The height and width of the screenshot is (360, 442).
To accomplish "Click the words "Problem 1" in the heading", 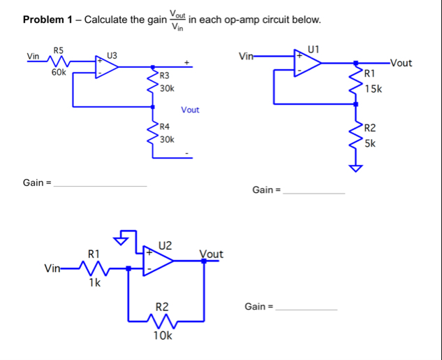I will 48,20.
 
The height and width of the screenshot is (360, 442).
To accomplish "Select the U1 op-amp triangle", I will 306,62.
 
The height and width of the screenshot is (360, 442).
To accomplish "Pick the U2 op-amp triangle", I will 159,260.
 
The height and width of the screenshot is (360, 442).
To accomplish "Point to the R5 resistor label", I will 59,50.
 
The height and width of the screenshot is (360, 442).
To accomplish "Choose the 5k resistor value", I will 371,143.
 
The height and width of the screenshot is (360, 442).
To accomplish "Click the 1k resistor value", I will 94,283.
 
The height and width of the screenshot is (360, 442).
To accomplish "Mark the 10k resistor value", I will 163,336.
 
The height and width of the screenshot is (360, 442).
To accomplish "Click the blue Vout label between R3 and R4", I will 190,110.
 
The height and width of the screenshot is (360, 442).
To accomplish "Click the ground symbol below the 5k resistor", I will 357,168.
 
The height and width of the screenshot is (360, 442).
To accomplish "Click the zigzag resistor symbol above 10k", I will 163,319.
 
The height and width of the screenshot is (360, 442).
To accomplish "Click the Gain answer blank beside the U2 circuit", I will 307,308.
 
